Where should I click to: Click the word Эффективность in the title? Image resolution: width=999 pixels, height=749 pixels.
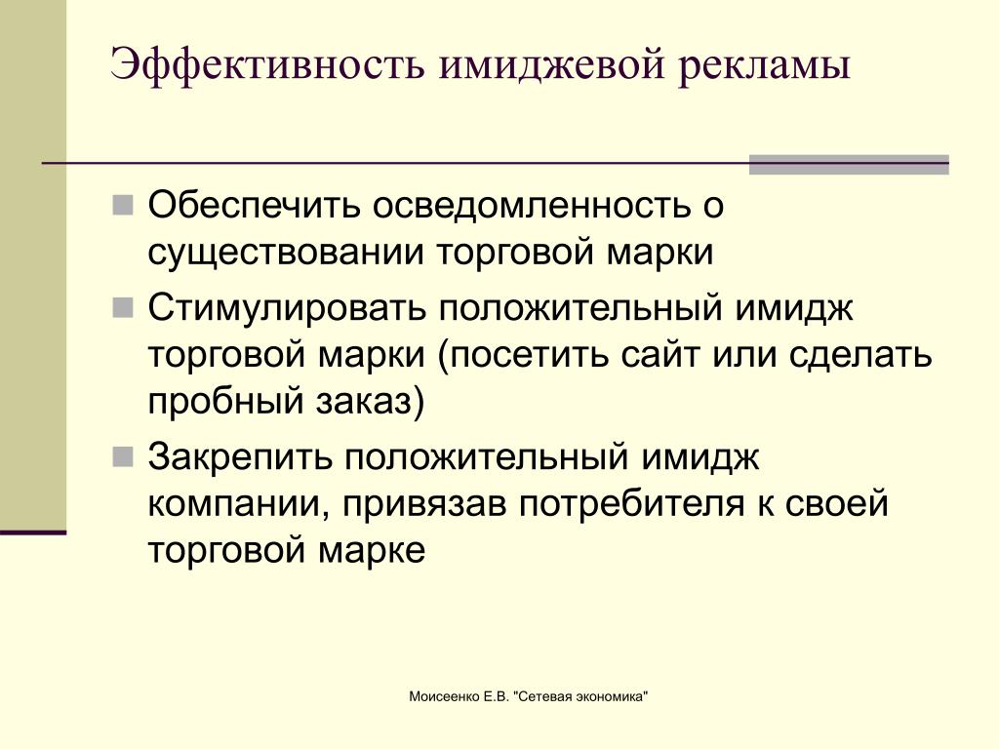267,64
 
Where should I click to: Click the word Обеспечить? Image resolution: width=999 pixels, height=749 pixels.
255,205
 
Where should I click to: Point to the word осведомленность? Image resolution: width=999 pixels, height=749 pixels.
532,206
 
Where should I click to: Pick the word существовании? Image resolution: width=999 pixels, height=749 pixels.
286,253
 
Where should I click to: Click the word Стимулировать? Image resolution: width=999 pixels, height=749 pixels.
286,308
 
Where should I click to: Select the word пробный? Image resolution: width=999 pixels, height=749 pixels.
224,402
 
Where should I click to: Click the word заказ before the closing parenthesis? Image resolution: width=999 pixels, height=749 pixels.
362,403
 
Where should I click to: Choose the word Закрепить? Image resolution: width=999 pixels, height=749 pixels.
240,457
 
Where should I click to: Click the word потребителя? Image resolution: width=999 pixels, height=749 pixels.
631,504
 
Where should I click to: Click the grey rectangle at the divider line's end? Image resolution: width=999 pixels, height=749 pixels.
849,164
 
